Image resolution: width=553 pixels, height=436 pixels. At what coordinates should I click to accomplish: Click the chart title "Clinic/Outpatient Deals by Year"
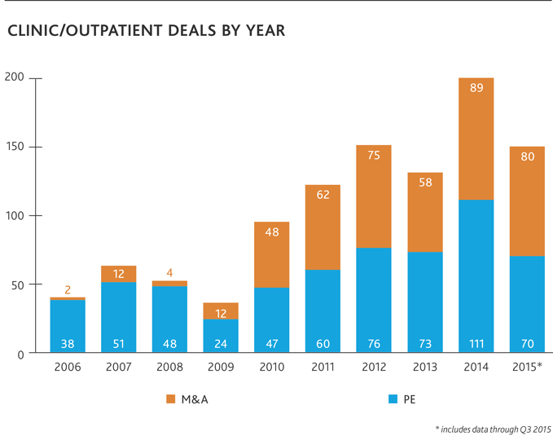pyautogui.click(x=146, y=32)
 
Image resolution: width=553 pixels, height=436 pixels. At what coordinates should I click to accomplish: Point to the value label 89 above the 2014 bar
pyautogui.click(x=476, y=88)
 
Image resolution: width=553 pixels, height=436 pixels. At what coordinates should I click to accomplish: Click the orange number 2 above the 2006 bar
pyautogui.click(x=68, y=288)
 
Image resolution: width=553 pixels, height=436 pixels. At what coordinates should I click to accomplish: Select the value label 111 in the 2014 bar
pyautogui.click(x=476, y=343)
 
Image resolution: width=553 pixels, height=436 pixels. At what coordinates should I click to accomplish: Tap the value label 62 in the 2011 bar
pyautogui.click(x=323, y=195)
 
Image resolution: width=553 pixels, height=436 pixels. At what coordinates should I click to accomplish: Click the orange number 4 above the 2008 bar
pyautogui.click(x=170, y=272)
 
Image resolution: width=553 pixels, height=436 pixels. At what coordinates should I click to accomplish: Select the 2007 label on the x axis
pyautogui.click(x=119, y=368)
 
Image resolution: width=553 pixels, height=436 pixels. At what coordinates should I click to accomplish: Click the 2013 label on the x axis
pyautogui.click(x=425, y=368)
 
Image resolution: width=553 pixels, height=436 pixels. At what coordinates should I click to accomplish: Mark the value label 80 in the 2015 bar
pyautogui.click(x=528, y=156)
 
